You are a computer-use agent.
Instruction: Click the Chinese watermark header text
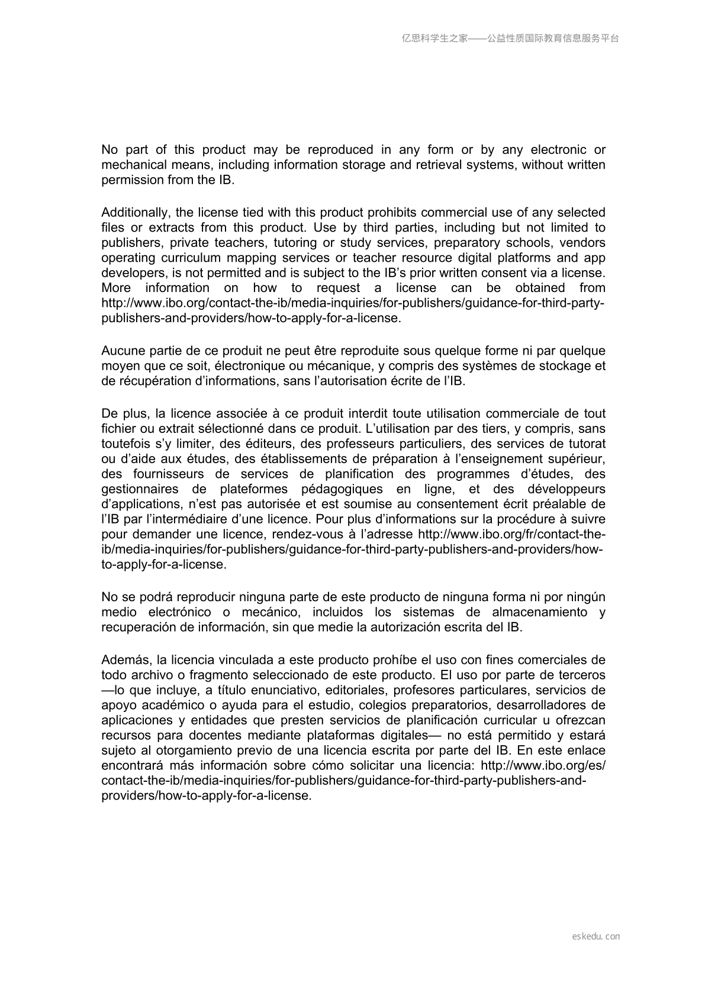(510, 38)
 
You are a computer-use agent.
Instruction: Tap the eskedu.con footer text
(596, 936)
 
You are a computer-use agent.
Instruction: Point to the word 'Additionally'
(133, 213)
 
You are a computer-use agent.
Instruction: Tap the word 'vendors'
(582, 243)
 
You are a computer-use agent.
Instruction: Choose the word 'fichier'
(118, 429)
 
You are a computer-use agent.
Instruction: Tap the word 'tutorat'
(584, 444)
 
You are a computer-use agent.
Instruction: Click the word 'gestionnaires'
(140, 489)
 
